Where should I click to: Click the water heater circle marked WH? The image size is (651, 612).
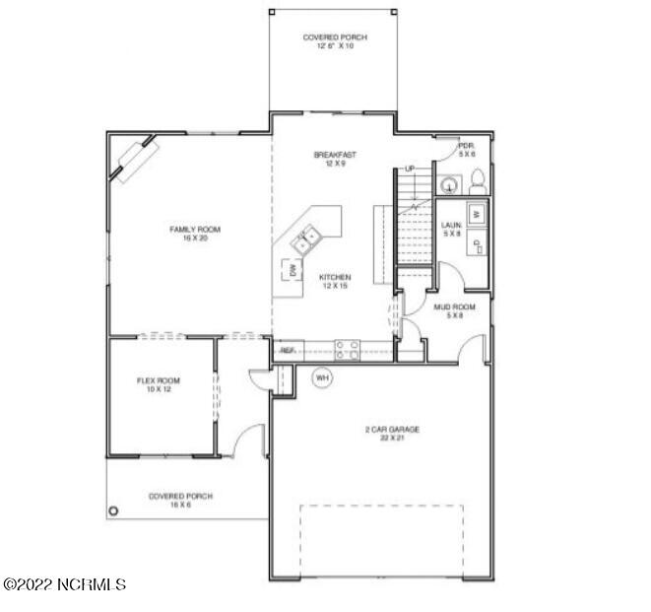(x=322, y=376)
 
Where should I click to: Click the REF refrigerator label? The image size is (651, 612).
(x=288, y=350)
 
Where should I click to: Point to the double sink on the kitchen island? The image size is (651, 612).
(x=303, y=237)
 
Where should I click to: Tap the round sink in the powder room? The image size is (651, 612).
(x=449, y=183)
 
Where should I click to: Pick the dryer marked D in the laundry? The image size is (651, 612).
(x=476, y=243)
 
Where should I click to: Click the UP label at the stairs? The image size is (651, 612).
(x=409, y=169)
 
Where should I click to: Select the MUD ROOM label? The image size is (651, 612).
(x=455, y=307)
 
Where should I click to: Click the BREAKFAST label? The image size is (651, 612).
(x=335, y=155)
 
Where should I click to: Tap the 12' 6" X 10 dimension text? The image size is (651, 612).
(x=335, y=46)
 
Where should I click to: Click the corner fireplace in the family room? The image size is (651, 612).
(x=135, y=158)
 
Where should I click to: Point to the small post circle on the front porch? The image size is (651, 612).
(x=113, y=510)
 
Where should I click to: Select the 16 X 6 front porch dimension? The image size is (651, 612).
(x=180, y=505)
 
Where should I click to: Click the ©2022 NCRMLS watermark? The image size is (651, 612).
(x=65, y=584)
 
